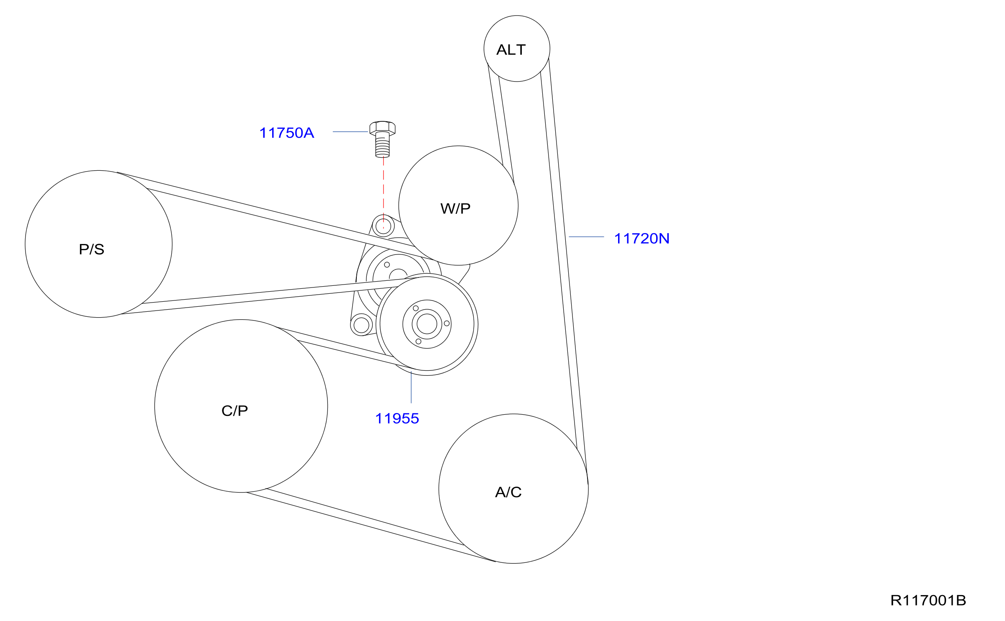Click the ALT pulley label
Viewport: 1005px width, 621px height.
pyautogui.click(x=511, y=50)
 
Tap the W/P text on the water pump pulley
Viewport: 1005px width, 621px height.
pyautogui.click(x=456, y=208)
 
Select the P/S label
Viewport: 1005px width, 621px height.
pyautogui.click(x=91, y=249)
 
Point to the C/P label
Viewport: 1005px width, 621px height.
pyautogui.click(x=234, y=411)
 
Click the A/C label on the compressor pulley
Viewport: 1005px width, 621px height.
pyautogui.click(x=508, y=492)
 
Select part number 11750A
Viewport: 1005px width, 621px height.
pyautogui.click(x=286, y=133)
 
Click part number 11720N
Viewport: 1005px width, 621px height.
pyautogui.click(x=642, y=239)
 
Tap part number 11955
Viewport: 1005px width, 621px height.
pyautogui.click(x=397, y=418)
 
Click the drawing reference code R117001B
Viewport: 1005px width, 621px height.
pyautogui.click(x=928, y=600)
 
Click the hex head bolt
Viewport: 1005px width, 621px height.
pyautogui.click(x=382, y=139)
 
